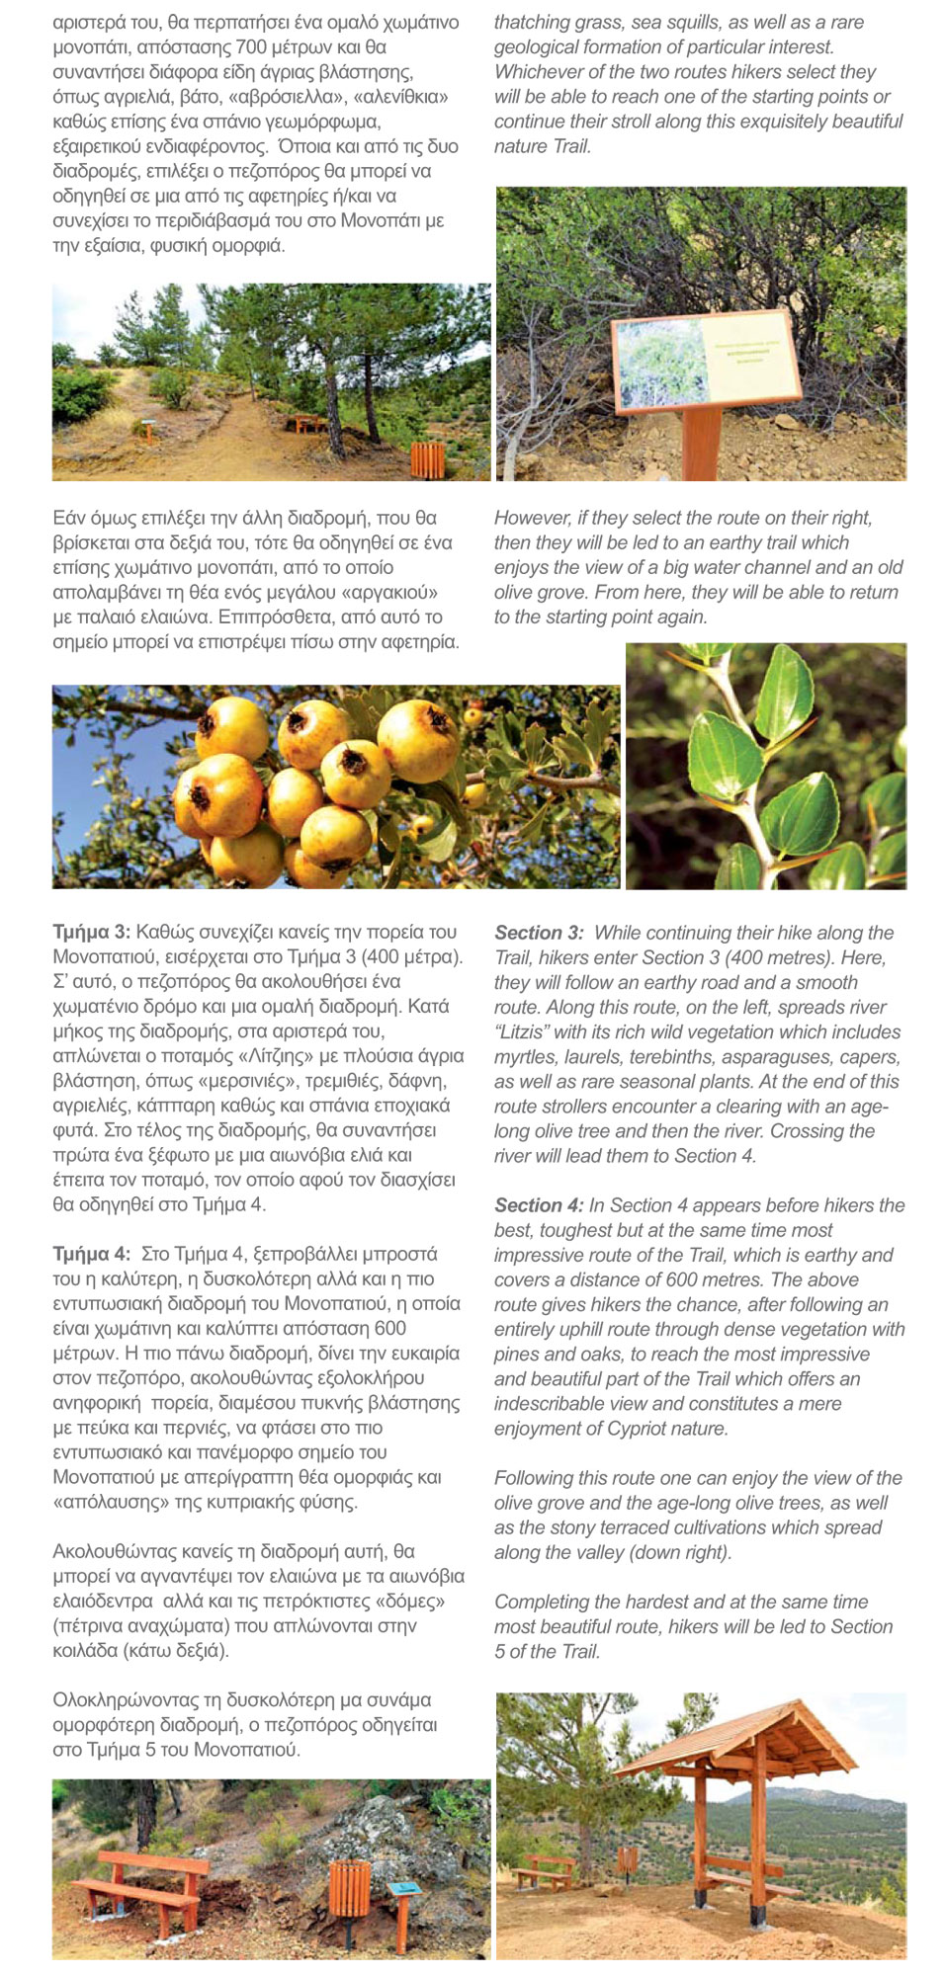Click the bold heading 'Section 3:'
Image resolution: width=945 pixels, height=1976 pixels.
click(x=539, y=933)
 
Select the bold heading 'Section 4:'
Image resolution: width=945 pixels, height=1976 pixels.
click(x=539, y=1205)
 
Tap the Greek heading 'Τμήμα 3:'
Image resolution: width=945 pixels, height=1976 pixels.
click(x=91, y=932)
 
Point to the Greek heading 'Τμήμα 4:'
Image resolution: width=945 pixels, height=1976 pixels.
click(x=91, y=1254)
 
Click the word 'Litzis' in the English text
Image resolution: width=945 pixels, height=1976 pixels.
click(x=522, y=1032)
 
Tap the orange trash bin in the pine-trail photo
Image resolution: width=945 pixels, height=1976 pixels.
click(x=427, y=459)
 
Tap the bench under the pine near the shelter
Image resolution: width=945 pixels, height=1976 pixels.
click(x=547, y=1870)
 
